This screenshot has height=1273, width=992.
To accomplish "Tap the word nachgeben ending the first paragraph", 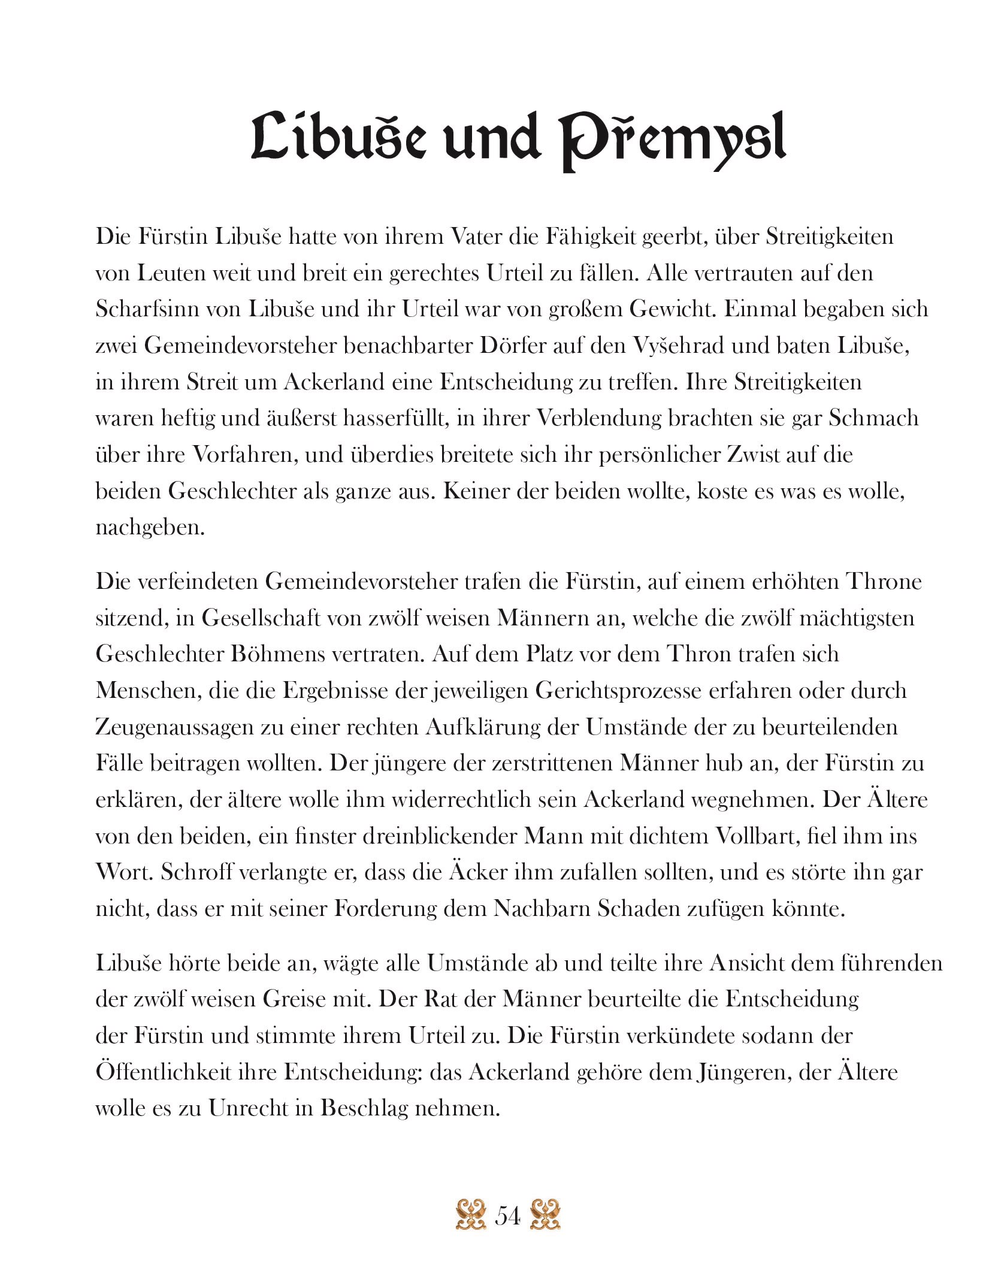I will [x=150, y=528].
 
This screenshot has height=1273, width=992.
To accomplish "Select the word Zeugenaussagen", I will [x=177, y=727].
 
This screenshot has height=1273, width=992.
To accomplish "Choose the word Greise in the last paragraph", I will [x=300, y=1000].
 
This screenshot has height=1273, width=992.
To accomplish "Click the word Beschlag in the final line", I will [x=364, y=1109].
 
